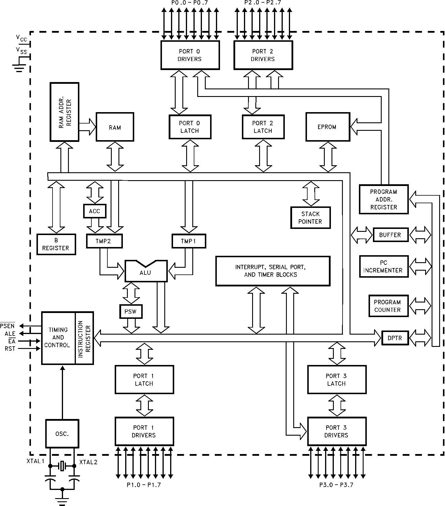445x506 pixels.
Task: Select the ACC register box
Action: [x=95, y=211]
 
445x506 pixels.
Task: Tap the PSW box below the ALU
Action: [x=131, y=312]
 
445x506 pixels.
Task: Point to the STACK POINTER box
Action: [x=310, y=218]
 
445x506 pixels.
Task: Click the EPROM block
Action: [x=327, y=127]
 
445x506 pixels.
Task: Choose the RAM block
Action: [x=115, y=127]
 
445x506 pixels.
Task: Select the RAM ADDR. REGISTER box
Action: [x=64, y=112]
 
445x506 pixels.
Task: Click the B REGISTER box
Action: [x=56, y=244]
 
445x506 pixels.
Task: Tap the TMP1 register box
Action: [x=189, y=241]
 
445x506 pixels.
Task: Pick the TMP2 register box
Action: [x=104, y=241]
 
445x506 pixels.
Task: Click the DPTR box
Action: [x=395, y=338]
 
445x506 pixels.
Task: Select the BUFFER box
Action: [x=390, y=235]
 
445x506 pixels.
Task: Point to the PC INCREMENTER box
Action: [x=383, y=267]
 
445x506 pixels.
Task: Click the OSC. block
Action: [x=62, y=434]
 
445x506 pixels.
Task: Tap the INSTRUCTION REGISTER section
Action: [x=84, y=338]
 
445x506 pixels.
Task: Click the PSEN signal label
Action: [x=7, y=326]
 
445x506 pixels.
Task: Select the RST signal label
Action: [x=10, y=348]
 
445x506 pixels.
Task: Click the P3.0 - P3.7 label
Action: [x=336, y=485]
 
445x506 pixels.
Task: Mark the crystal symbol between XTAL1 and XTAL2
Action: [x=62, y=466]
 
